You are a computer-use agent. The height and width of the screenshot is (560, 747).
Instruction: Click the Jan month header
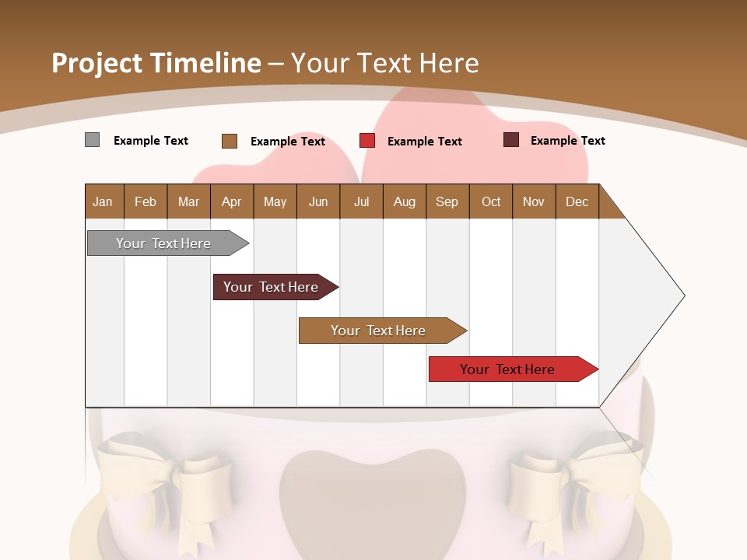103,201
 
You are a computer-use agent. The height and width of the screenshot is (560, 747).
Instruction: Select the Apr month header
232,201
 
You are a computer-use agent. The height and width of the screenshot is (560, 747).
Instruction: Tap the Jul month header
362,201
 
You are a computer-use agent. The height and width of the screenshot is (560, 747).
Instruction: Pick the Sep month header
447,201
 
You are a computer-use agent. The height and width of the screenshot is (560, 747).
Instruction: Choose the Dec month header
577,201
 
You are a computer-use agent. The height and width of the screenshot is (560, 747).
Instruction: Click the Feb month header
146,201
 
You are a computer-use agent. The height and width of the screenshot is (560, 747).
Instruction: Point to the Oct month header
491,201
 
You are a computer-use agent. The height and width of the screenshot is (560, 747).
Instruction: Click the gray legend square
92,140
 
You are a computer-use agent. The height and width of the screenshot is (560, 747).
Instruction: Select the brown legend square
229,141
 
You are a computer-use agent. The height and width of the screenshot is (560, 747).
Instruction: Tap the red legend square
367,141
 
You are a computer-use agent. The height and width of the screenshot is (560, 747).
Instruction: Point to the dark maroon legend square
510,140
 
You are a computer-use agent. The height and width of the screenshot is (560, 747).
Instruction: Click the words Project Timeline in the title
156,63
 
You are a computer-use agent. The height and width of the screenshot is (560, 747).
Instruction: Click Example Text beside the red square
425,142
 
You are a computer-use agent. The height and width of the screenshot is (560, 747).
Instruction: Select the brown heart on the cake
372,498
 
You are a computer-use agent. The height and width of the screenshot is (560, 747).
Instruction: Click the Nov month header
534,201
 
